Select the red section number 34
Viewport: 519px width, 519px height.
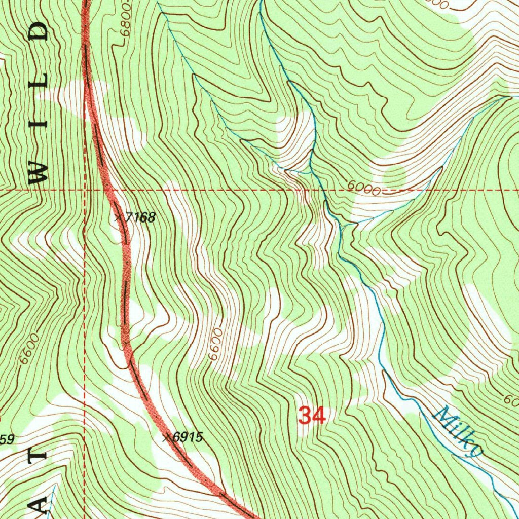click(311, 416)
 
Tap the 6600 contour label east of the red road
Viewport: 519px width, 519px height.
click(215, 345)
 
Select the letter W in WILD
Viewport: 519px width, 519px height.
click(39, 172)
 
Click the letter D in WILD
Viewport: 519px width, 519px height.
click(39, 31)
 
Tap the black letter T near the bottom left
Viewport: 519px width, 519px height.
click(39, 453)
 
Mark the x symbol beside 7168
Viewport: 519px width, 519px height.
click(118, 217)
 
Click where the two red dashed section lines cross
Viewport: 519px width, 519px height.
click(85, 191)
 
